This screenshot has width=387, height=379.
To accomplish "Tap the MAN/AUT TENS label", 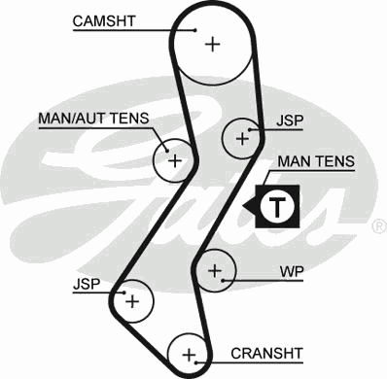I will [93, 119].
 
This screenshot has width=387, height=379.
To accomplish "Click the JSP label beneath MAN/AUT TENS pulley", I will [86, 287].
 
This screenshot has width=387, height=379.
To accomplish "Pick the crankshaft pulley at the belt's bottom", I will [189, 353].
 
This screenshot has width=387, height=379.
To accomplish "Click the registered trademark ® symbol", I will [377, 225].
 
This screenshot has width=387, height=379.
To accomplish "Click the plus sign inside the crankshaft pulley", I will [189, 353].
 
